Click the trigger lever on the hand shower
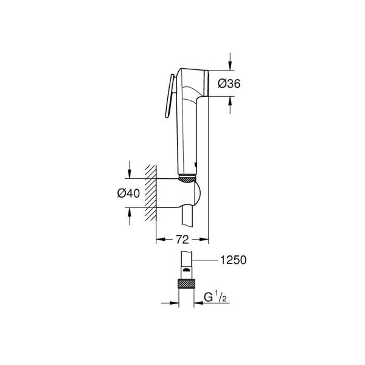(x=169, y=96)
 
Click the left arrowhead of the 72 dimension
(x=160, y=239)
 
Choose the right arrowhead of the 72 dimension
(x=205, y=239)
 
